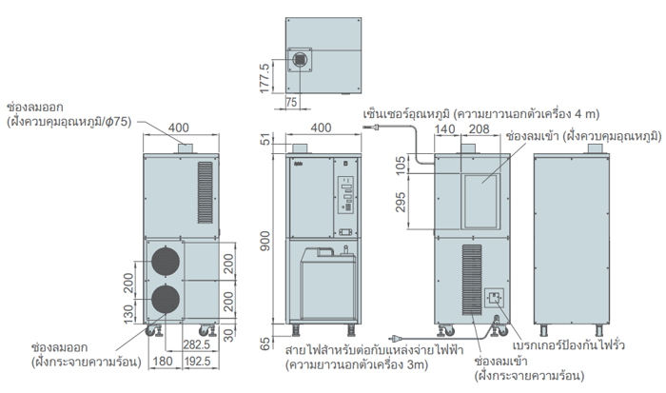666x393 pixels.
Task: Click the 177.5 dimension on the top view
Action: (265, 72)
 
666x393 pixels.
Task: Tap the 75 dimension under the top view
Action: (290, 102)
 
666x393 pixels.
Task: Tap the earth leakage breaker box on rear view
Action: (495, 302)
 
